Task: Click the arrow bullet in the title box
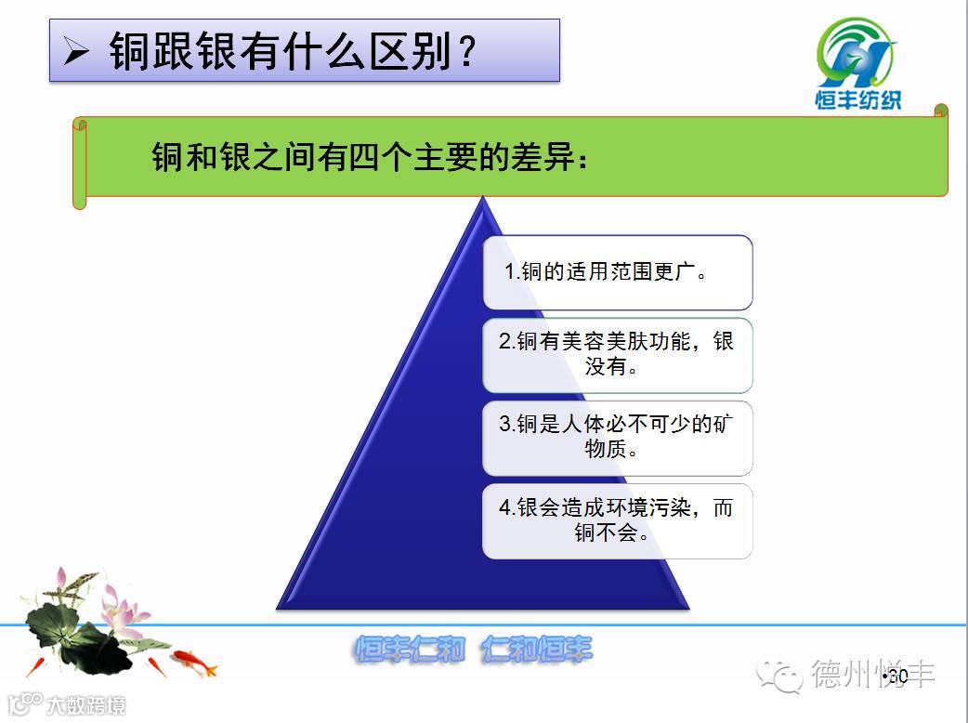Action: (x=76, y=51)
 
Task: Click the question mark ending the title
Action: (x=467, y=50)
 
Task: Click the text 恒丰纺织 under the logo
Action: (x=858, y=99)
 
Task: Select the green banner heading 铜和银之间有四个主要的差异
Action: (x=371, y=157)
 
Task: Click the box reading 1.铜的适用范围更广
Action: (x=618, y=272)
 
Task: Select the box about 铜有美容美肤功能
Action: (x=618, y=355)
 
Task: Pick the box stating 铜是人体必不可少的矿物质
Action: (x=618, y=438)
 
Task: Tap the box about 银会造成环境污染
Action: (x=618, y=521)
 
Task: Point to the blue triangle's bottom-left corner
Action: (x=277, y=609)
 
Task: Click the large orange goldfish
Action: (x=194, y=662)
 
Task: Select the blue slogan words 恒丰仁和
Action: (x=410, y=650)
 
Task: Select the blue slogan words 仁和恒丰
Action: (x=537, y=650)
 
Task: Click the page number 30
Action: (x=897, y=677)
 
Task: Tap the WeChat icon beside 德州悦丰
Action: (x=779, y=675)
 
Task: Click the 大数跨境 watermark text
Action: (x=85, y=705)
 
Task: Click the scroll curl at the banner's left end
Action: (x=80, y=164)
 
